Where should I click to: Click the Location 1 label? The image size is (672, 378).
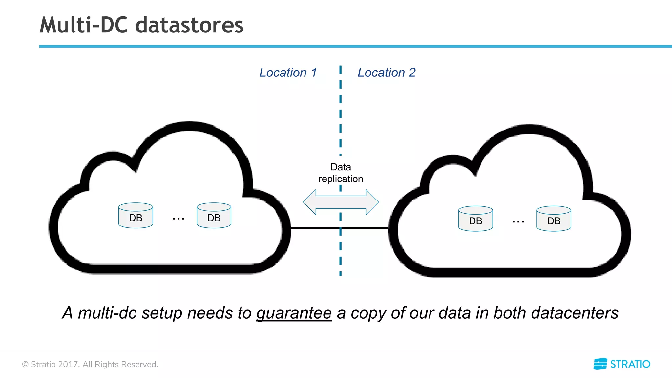click(x=288, y=73)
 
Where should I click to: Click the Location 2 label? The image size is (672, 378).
click(x=387, y=73)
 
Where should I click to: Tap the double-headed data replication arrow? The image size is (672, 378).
click(x=341, y=202)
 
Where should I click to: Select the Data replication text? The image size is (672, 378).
click(x=341, y=173)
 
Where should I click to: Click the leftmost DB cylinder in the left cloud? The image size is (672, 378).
click(x=136, y=216)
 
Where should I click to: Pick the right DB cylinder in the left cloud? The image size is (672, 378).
click(x=214, y=216)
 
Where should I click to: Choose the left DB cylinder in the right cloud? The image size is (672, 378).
click(x=475, y=219)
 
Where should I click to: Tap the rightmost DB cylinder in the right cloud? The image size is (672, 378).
click(x=554, y=219)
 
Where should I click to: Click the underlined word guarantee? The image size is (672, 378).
click(x=294, y=313)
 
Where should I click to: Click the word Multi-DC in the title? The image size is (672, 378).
click(x=84, y=25)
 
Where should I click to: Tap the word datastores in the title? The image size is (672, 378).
click(x=189, y=25)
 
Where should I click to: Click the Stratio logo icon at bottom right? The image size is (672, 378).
click(x=600, y=364)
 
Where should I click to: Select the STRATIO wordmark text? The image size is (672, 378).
click(x=630, y=364)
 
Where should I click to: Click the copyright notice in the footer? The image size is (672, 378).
click(x=90, y=364)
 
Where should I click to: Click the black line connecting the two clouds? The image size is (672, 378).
click(x=315, y=228)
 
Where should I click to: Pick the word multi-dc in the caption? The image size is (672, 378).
click(x=107, y=313)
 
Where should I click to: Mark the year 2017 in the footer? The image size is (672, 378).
click(x=68, y=364)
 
